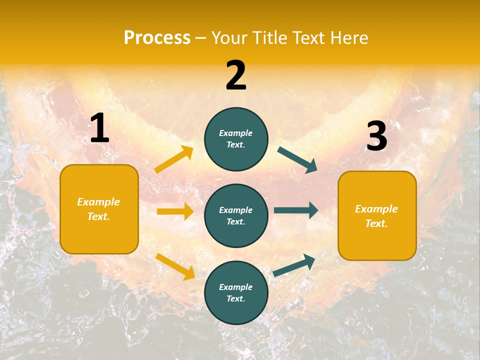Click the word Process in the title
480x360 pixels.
coord(157,38)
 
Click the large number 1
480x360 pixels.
coord(99,128)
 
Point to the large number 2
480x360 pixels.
coord(236,75)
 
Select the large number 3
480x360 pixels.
coord(376,136)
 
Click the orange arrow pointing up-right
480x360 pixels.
coord(174,159)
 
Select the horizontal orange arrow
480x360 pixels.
coord(175,211)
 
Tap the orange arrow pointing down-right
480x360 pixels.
coord(175,266)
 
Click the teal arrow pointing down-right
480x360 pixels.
coord(297,159)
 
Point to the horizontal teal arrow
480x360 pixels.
coord(296,210)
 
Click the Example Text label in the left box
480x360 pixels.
coord(98,209)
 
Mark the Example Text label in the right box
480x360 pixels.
coord(376,216)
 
